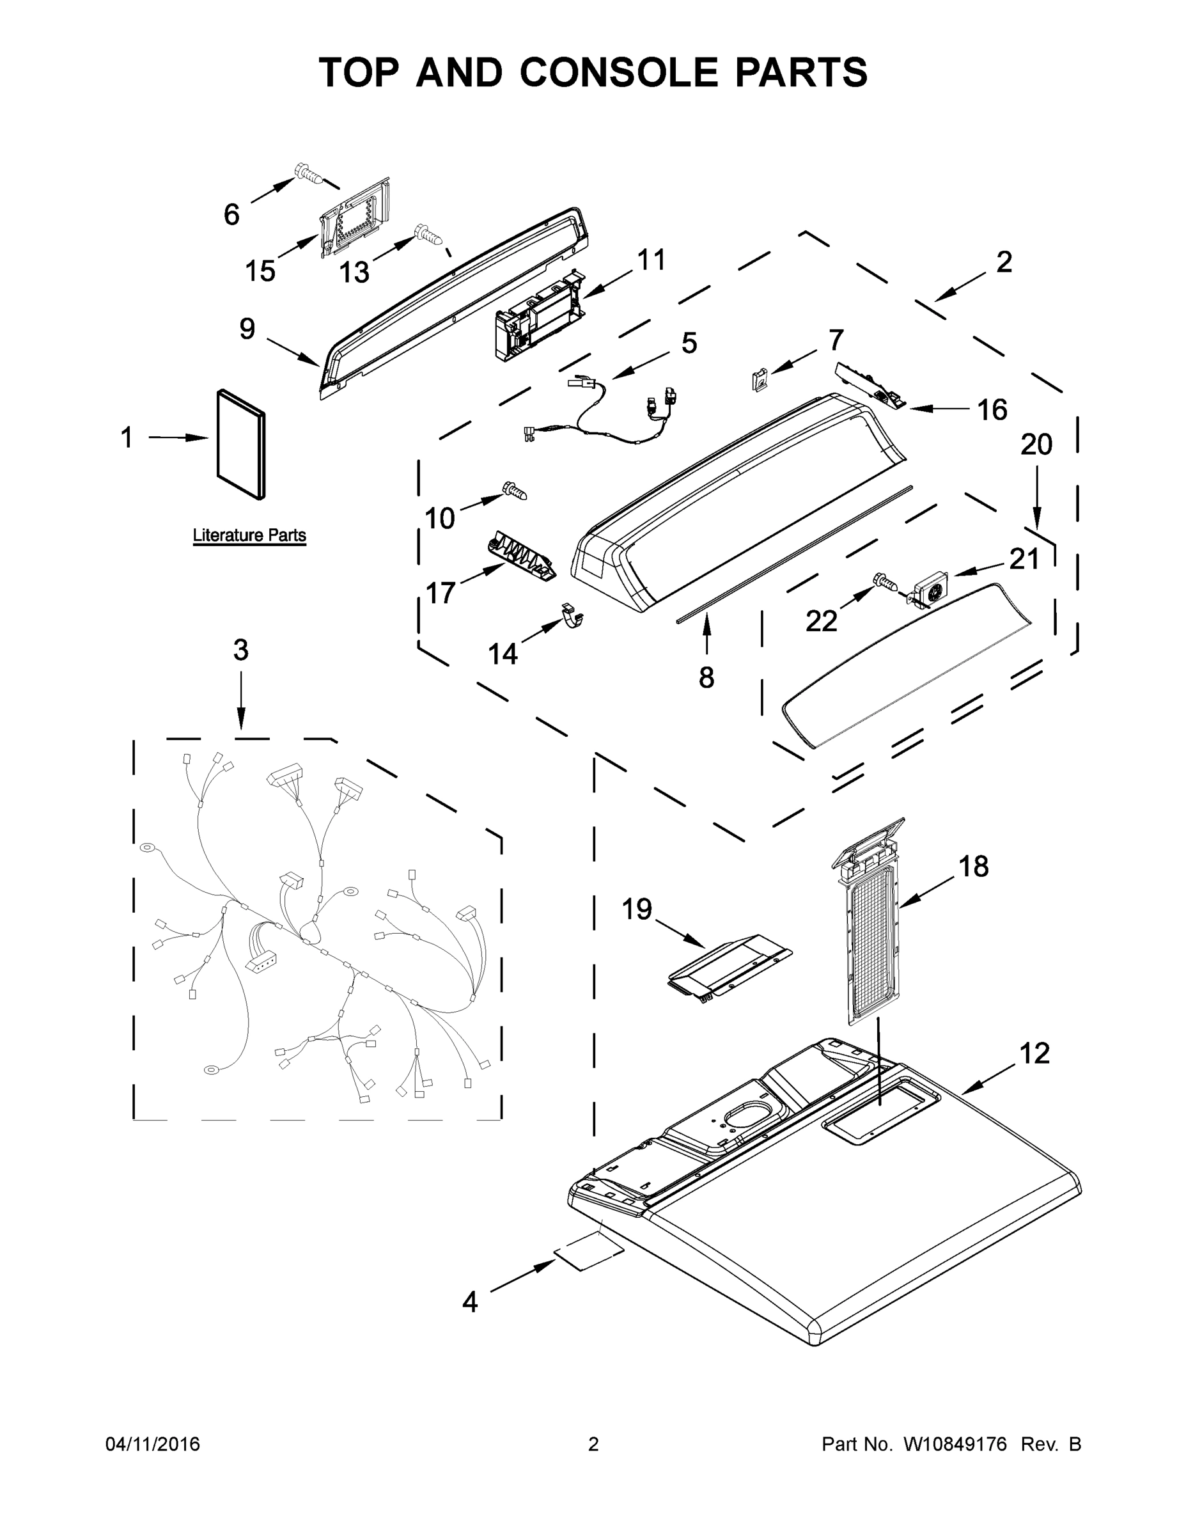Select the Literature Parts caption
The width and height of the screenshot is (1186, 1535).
click(249, 535)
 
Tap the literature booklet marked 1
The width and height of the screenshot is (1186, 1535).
click(241, 445)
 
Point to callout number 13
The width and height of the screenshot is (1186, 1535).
click(354, 272)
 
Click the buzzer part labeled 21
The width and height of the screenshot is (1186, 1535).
click(931, 590)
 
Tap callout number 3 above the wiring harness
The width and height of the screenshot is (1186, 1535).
click(241, 650)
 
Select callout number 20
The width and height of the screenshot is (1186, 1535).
click(1036, 445)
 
